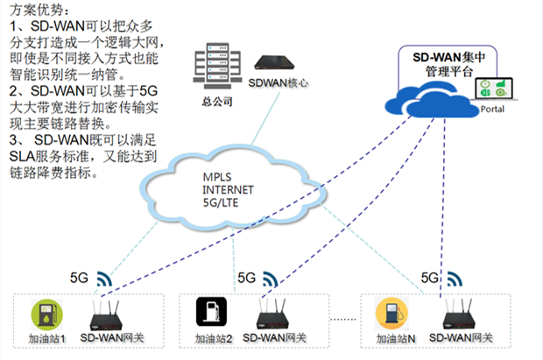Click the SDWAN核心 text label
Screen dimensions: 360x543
(x=278, y=85)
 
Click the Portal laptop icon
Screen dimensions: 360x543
(x=492, y=88)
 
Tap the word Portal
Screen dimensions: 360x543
(x=493, y=109)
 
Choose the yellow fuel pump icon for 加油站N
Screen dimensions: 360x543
(x=388, y=313)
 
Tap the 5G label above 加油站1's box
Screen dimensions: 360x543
(x=79, y=279)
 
